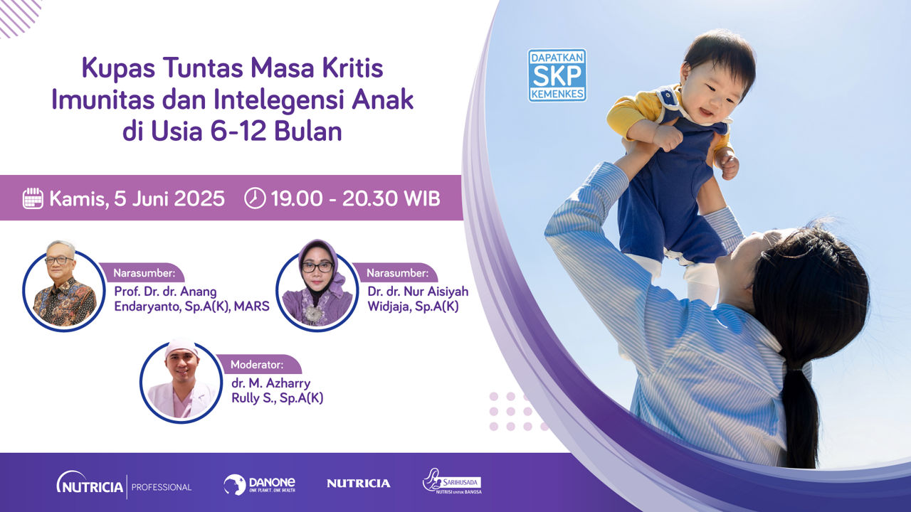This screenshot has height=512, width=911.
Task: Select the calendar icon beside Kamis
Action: pyautogui.click(x=33, y=198)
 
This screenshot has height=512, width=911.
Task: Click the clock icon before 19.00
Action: pyautogui.click(x=255, y=198)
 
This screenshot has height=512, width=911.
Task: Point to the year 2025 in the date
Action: pyautogui.click(x=199, y=198)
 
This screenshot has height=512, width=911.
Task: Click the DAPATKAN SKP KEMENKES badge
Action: pyautogui.click(x=557, y=75)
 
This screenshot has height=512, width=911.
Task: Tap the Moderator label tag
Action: pyautogui.click(x=258, y=364)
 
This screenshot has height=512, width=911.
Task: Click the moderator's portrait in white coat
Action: pyautogui.click(x=181, y=380)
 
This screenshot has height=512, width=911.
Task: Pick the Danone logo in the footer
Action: pyautogui.click(x=260, y=484)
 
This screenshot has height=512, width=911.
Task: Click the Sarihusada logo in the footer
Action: pyautogui.click(x=452, y=481)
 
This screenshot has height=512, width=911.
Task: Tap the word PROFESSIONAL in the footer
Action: pyautogui.click(x=162, y=487)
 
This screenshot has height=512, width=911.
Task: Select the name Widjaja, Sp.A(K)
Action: pyautogui.click(x=414, y=306)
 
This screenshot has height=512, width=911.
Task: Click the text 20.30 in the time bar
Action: pyautogui.click(x=369, y=198)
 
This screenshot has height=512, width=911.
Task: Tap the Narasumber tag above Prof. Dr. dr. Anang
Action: pyautogui.click(x=144, y=272)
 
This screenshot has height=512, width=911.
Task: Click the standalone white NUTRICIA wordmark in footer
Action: pyautogui.click(x=358, y=483)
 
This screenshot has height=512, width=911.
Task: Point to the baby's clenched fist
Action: pyautogui.click(x=668, y=137)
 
